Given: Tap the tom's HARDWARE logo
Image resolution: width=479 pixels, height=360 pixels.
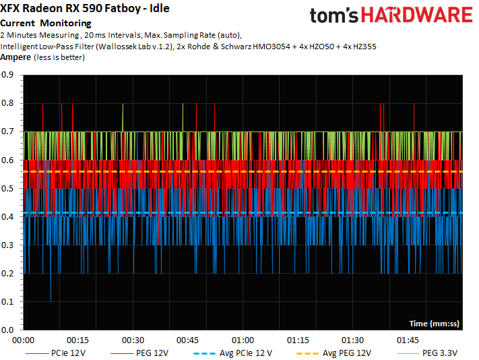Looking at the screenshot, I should pos(390,17).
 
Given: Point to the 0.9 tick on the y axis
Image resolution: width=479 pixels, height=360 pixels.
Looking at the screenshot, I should pos(11,76).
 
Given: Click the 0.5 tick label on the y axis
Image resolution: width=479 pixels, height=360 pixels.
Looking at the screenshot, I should pos(11,189).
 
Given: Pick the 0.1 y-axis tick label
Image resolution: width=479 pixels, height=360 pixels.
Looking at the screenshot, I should pos(11,302).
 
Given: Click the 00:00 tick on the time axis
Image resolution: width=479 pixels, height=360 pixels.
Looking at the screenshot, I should pos(24,340).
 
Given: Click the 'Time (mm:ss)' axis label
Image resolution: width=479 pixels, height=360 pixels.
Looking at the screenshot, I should pos(434,324).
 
